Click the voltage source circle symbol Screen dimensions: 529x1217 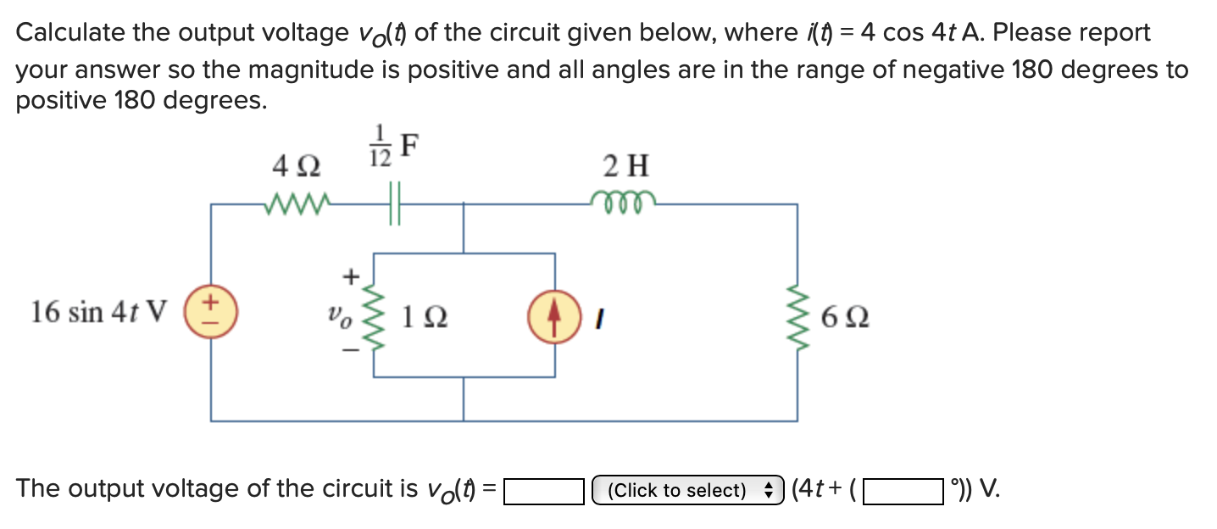pyautogui.click(x=211, y=311)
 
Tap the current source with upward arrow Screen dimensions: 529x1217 pyautogui.click(x=555, y=311)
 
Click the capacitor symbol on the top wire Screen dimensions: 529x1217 pyautogui.click(x=394, y=204)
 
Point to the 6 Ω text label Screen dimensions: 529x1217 pyautogui.click(x=844, y=320)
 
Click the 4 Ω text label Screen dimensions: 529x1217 pyautogui.click(x=296, y=166)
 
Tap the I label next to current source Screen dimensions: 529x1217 pyautogui.click(x=598, y=320)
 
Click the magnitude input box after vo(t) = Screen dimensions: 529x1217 pyautogui.click(x=544, y=491)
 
